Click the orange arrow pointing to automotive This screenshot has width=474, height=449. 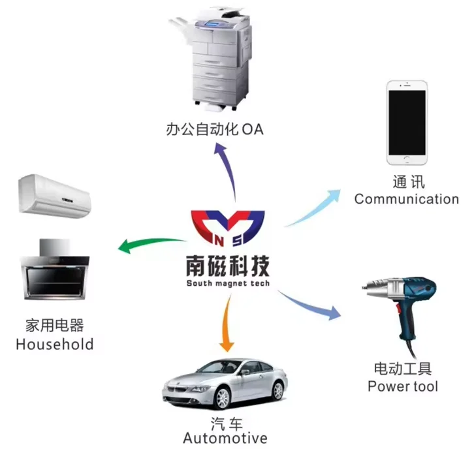[x=227, y=323]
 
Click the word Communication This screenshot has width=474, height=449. [x=407, y=199]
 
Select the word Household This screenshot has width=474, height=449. [x=55, y=344]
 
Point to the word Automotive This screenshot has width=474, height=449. [x=225, y=437]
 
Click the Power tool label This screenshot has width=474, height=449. [x=402, y=386]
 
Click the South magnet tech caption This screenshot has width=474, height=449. [x=228, y=284]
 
